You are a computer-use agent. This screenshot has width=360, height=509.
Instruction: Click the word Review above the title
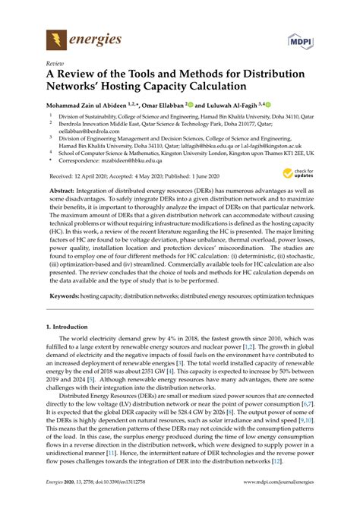pyautogui.click(x=55, y=65)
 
